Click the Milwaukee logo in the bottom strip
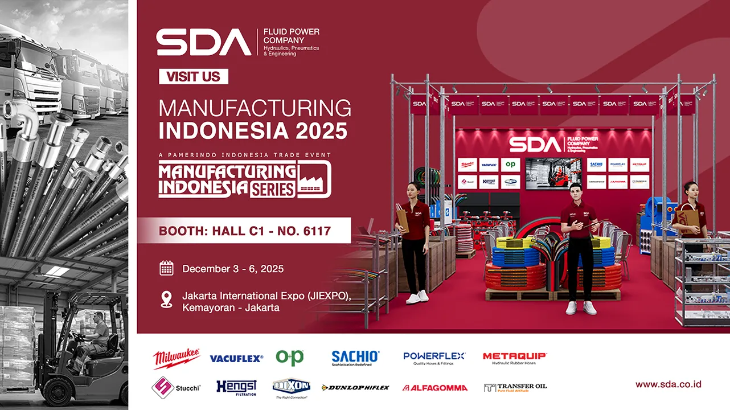pyautogui.click(x=176, y=358)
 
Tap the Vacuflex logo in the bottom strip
pyautogui.click(x=236, y=358)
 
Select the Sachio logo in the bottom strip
pyautogui.click(x=355, y=358)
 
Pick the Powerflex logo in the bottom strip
pyautogui.click(x=434, y=357)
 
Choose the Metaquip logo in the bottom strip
pyautogui.click(x=515, y=358)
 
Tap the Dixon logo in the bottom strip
pyautogui.click(x=290, y=388)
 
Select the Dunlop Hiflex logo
pyautogui.click(x=355, y=388)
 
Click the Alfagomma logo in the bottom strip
pyautogui.click(x=434, y=388)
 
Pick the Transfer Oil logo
pyautogui.click(x=515, y=387)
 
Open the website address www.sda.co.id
pyautogui.click(x=668, y=384)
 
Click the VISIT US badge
pyautogui.click(x=193, y=76)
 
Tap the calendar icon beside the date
pyautogui.click(x=166, y=268)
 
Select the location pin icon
pyautogui.click(x=166, y=300)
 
